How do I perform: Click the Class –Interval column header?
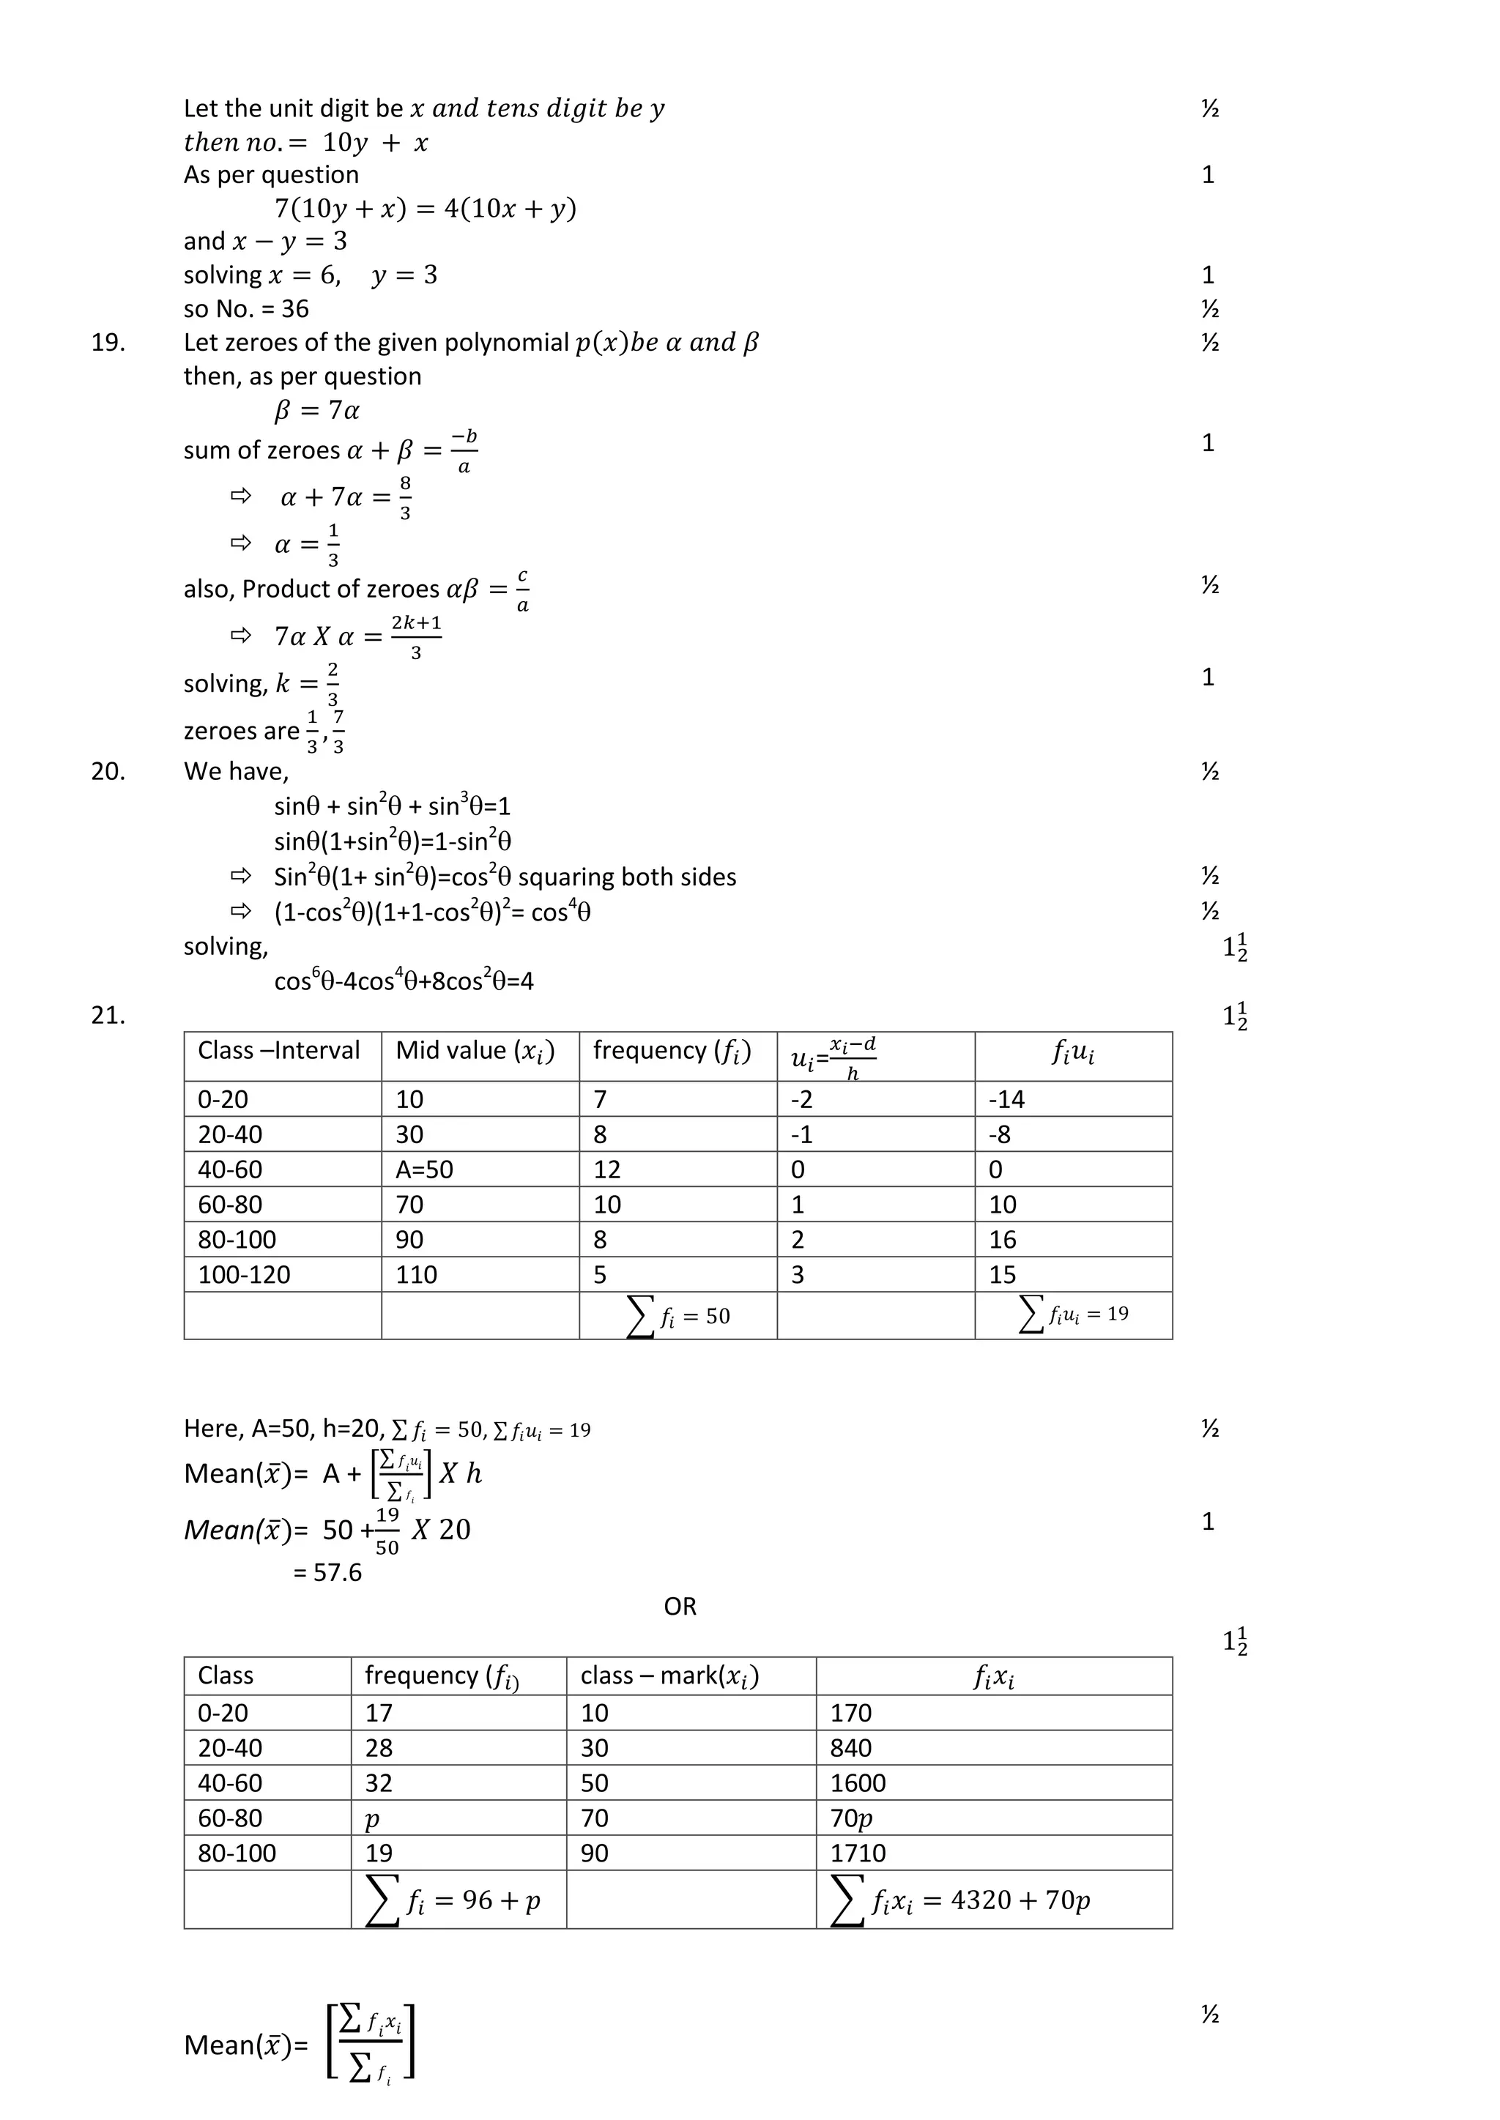pos(278,1051)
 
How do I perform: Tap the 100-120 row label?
pos(244,1275)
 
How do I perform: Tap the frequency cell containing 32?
pos(379,1783)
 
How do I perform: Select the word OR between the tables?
pos(680,1607)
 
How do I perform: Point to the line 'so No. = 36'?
pos(245,308)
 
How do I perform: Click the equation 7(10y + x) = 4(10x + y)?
pos(425,209)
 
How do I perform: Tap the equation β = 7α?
pos(317,410)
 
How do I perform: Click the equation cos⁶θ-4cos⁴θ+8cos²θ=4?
pos(404,981)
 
